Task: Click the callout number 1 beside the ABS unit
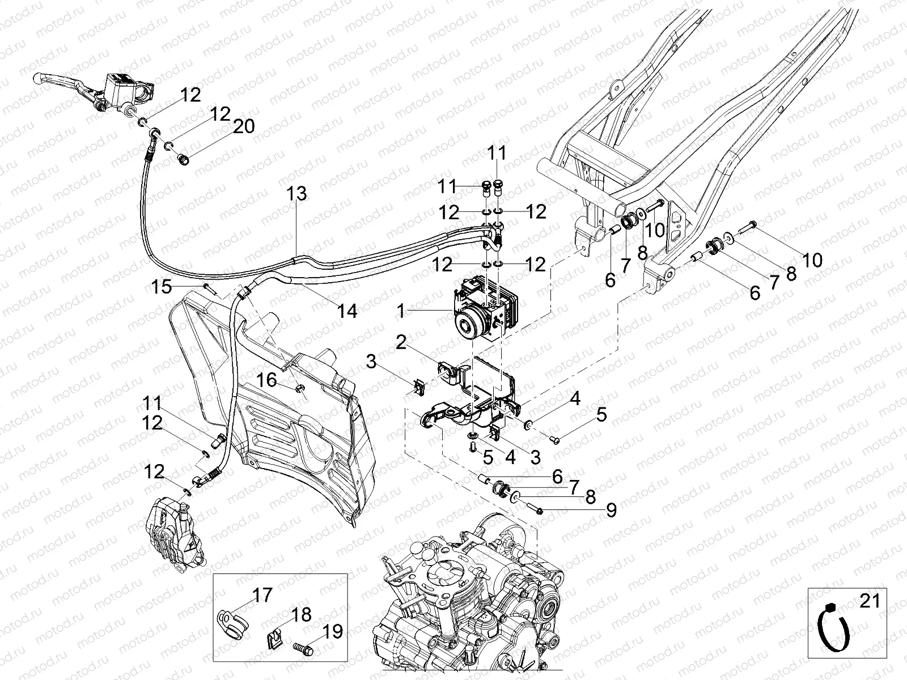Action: (x=400, y=311)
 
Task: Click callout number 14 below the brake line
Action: (x=347, y=311)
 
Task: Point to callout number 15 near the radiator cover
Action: (x=162, y=287)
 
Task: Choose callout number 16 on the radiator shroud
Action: (x=268, y=380)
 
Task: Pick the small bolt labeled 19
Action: (x=302, y=645)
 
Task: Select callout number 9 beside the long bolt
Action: (x=611, y=511)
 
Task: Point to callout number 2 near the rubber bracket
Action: (x=401, y=342)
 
